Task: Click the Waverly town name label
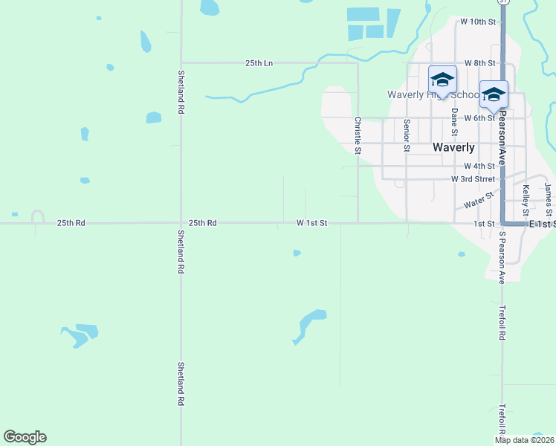[x=453, y=147]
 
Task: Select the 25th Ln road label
[x=259, y=63]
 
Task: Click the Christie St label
[x=358, y=135]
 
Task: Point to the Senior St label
[x=407, y=135]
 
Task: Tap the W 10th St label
[x=477, y=22]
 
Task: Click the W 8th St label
[x=479, y=64]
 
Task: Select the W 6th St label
[x=479, y=118]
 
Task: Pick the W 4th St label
[x=479, y=166]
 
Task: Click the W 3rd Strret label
[x=473, y=179]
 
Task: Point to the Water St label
[x=478, y=201]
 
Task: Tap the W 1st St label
[x=311, y=222]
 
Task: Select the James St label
[x=548, y=194]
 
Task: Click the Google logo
[x=25, y=437]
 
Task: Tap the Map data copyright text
[x=525, y=440]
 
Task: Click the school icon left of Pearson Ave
[x=442, y=80]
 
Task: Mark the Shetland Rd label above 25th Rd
[x=181, y=91]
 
